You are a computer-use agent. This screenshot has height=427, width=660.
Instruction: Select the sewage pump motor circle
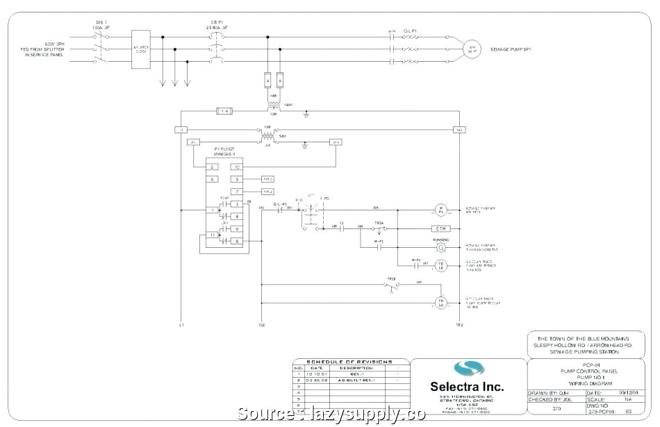point(472,49)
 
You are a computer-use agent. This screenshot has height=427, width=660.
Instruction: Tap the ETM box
point(440,228)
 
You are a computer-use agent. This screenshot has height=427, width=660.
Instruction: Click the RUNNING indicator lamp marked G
point(440,246)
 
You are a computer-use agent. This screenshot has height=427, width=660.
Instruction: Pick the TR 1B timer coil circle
point(440,266)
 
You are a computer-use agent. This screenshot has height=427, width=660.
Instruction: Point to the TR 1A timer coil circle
point(440,302)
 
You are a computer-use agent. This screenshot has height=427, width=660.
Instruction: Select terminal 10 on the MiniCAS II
point(237,167)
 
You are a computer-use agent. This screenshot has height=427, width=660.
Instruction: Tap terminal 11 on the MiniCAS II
point(213,235)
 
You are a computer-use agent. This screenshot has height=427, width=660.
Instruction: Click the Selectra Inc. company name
point(466,386)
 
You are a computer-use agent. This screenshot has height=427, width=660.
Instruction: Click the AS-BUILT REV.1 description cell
point(356,380)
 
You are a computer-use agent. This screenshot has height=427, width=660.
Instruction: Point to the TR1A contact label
point(379,222)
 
